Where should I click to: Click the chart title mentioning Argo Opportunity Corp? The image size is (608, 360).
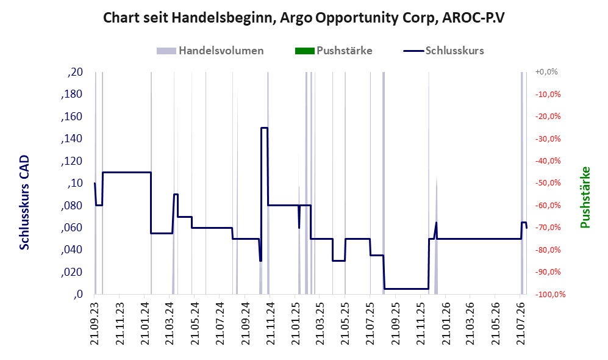pyautogui.click(x=304, y=18)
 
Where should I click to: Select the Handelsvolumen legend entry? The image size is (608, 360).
pyautogui.click(x=210, y=51)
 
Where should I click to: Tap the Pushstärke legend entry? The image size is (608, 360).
pyautogui.click(x=334, y=51)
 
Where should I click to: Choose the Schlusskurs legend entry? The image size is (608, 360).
pyautogui.click(x=443, y=51)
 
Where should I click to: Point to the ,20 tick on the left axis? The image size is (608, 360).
pyautogui.click(x=75, y=72)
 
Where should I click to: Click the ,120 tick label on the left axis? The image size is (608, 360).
pyautogui.click(x=72, y=161)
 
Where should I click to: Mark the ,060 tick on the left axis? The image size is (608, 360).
pyautogui.click(x=72, y=228)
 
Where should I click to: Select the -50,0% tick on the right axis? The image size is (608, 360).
pyautogui.click(x=548, y=183)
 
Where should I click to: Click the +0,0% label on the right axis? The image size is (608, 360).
pyautogui.click(x=546, y=72)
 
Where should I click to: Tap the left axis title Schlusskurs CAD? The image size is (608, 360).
pyautogui.click(x=24, y=203)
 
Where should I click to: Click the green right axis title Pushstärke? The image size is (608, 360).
pyautogui.click(x=585, y=198)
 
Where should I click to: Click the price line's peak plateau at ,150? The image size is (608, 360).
pyautogui.click(x=264, y=128)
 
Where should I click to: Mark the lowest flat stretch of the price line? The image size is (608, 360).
pyautogui.click(x=406, y=289)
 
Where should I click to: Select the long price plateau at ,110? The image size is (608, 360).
pyautogui.click(x=127, y=172)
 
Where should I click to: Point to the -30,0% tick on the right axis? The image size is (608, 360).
pyautogui.click(x=548, y=139)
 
